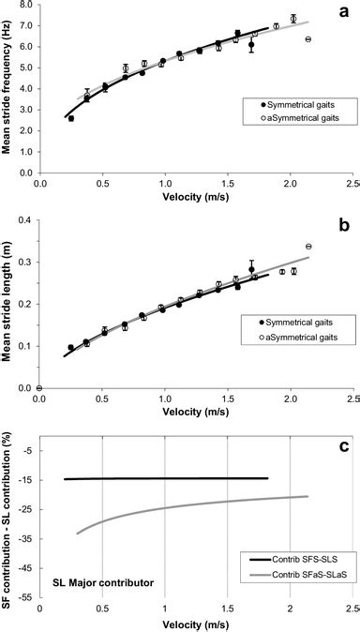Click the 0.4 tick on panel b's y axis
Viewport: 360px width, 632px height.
(25, 219)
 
